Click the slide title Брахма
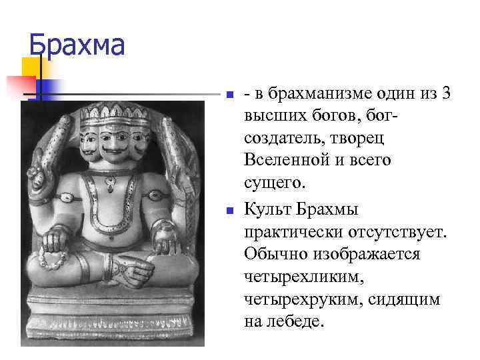[x=77, y=46]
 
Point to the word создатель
[x=281, y=139]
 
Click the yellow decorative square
[x=32, y=67]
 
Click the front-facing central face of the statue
[x=114, y=141]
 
